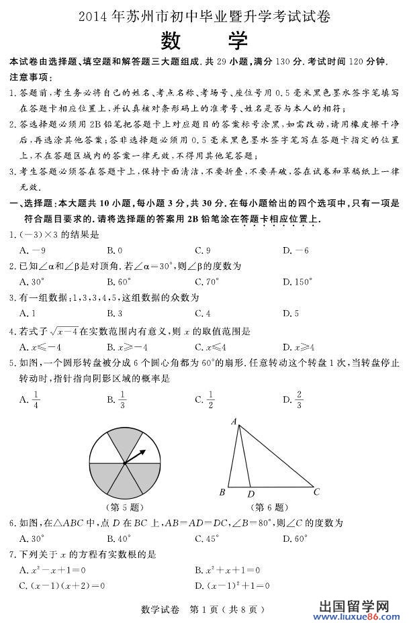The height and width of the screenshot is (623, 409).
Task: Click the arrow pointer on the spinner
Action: [135, 456]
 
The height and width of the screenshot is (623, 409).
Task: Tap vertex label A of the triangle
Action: [234, 422]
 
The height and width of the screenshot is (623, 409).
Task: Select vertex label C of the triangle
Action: [316, 491]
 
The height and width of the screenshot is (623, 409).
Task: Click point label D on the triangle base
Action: [251, 495]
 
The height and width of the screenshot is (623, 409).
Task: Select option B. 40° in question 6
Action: [119, 538]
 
